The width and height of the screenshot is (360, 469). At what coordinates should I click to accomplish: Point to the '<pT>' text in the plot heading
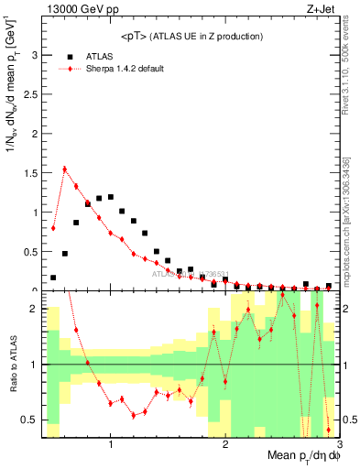point(132,36)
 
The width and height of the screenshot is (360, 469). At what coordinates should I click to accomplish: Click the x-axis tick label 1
point(111,445)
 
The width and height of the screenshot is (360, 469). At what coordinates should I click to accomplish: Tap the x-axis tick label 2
point(225,445)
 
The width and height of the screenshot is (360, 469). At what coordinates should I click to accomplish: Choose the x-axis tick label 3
point(339,445)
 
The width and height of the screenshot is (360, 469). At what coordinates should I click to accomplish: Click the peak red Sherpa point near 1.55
point(65,169)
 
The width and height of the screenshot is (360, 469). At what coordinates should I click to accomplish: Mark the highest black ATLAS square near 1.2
point(111,196)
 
